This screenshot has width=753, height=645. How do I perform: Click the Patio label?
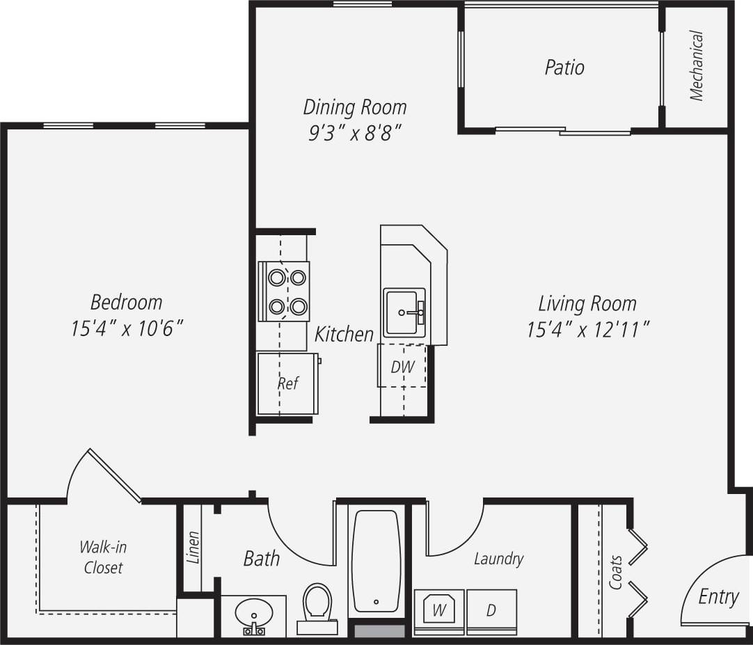click(564, 67)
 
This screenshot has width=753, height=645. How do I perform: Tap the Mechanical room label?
click(697, 66)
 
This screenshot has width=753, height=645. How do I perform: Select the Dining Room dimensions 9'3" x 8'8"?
click(354, 132)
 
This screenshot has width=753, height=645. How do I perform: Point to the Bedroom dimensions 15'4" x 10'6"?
click(127, 328)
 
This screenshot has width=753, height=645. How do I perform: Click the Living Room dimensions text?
click(588, 329)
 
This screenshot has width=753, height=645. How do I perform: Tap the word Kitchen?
click(344, 334)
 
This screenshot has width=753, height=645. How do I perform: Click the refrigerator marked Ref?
click(287, 383)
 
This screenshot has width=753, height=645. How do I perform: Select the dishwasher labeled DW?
click(402, 366)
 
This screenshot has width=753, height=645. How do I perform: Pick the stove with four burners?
click(284, 291)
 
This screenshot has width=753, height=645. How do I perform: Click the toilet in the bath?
click(317, 604)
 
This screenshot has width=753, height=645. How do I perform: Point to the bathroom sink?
click(253, 614)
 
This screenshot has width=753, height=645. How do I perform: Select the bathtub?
click(376, 561)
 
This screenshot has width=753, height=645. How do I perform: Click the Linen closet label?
click(193, 547)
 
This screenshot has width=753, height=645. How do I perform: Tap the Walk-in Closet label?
click(103, 557)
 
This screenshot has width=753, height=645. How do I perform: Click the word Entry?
click(718, 597)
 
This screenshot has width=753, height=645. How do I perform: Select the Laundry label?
click(498, 558)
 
